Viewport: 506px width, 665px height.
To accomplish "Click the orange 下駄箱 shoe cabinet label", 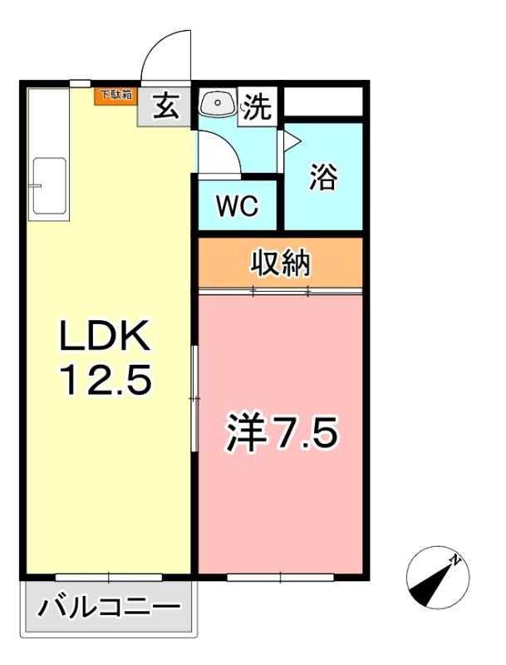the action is point(115,96).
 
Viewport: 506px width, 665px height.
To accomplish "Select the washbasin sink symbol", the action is point(218,102).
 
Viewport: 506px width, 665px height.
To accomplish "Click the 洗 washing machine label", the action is point(258,106).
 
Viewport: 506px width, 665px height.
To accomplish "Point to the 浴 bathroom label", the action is point(323,177).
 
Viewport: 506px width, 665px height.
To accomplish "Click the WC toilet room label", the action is point(237,206).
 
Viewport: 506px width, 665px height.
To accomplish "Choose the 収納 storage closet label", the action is point(280,264).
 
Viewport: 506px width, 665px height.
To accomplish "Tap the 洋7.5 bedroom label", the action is point(282,432).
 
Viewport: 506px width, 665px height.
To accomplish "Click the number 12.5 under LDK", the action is point(106,381).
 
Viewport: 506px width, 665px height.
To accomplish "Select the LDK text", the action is point(105,335).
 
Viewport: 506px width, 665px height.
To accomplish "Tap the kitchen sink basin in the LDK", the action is point(50,185).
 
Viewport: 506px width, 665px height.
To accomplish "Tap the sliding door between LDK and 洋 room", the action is point(194,398).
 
